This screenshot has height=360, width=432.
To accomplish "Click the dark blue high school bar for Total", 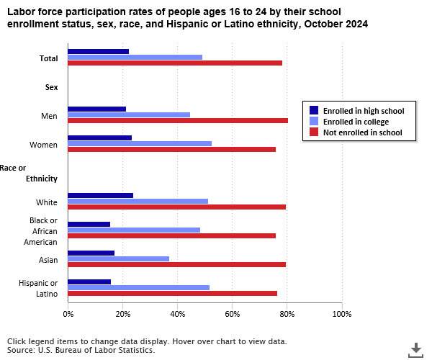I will click(98, 51).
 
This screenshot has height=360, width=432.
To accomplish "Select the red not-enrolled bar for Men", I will click(177, 120).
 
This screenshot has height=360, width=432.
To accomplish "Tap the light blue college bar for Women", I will click(139, 143).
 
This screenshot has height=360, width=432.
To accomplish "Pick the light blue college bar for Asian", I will click(118, 258).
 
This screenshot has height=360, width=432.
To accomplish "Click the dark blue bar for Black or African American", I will click(89, 224).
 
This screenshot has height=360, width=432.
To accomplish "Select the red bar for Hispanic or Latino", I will click(172, 293).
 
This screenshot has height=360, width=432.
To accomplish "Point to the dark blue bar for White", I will click(100, 195).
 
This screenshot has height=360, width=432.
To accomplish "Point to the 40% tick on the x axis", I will click(177, 314).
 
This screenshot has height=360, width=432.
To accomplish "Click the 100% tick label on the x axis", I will click(342, 314).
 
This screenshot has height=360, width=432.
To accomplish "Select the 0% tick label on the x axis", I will click(68, 314).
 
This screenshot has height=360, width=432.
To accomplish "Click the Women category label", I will click(44, 145).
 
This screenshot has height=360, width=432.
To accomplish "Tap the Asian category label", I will click(48, 260).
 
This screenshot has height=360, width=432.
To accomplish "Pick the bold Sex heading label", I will click(51, 87).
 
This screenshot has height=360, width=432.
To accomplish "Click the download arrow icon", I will click(415, 349).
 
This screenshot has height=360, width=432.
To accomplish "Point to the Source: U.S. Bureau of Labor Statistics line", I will click(81, 350).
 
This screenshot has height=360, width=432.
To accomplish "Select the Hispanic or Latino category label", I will click(40, 288).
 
